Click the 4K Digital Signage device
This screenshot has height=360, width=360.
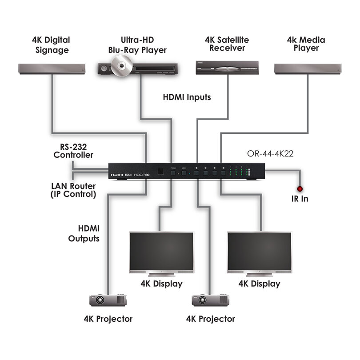point(51,68)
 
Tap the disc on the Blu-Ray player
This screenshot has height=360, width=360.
point(119,66)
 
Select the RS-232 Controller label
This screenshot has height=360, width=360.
point(73,151)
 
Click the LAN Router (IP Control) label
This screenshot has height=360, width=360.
point(73,190)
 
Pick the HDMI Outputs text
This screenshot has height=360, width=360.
point(84,233)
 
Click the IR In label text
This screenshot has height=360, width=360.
point(300,199)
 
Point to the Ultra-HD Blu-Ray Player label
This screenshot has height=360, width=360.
point(137,44)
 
